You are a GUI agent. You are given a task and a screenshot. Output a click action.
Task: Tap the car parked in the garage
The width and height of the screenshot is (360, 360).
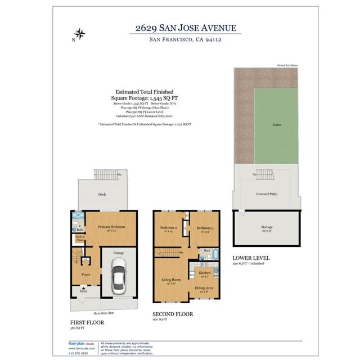point(119,279)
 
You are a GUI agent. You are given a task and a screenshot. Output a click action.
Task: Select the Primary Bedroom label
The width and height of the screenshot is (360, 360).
point(111,227)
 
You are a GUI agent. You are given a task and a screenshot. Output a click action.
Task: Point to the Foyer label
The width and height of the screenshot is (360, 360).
point(86,274)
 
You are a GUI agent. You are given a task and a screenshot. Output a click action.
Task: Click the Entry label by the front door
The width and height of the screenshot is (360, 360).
point(83,291)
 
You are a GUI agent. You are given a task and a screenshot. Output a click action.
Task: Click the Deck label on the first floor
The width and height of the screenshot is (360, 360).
point(102,194)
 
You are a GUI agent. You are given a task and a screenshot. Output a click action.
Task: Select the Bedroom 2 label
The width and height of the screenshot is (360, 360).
point(170,227)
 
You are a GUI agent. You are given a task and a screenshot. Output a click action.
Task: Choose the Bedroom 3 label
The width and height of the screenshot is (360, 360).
point(204,227)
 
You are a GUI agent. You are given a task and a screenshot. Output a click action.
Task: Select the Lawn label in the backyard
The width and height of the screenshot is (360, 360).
point(277,125)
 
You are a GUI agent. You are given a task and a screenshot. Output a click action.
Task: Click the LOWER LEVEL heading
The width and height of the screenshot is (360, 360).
point(251,258)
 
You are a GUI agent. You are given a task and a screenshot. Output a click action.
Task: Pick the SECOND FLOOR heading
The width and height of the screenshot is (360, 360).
point(173,314)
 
